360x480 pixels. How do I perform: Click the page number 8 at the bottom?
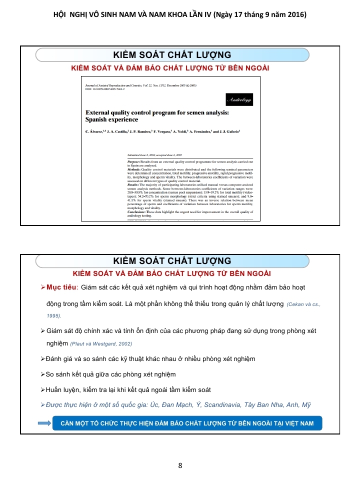point(180,466)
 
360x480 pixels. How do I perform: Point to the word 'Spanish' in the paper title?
point(100,120)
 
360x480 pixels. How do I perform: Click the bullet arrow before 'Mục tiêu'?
point(43,287)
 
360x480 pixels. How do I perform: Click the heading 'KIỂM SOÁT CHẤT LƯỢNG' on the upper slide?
point(172,54)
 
